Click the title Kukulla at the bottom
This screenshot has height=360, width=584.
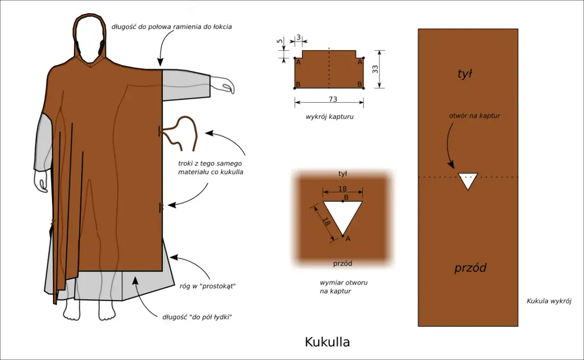coord(327,342)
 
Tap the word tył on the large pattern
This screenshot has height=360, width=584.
coord(466,74)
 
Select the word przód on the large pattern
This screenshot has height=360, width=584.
coord(470,268)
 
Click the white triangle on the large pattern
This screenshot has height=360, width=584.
coord(468,180)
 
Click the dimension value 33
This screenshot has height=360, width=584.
coord(375,69)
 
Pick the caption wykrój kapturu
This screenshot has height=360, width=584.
coord(329,117)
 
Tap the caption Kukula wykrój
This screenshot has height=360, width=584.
coord(548,301)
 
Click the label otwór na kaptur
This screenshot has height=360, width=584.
coord(474,116)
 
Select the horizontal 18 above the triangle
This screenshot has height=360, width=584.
coord(343,189)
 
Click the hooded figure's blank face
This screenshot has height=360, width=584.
coord(90,46)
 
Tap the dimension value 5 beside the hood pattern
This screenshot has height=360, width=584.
coord(279,42)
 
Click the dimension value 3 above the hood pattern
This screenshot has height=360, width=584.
coord(298,38)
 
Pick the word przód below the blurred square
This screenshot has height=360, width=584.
coord(343,264)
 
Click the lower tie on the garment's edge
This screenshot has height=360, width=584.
coord(161,208)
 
